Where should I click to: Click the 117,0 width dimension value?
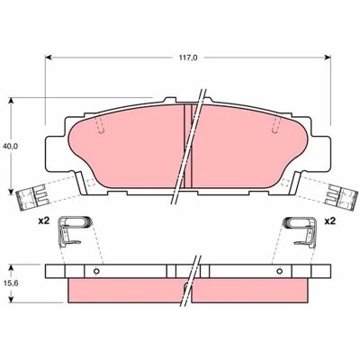tap(188, 58)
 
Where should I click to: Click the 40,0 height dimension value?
tap(10, 146)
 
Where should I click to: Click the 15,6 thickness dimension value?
tap(10, 283)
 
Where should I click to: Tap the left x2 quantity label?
tap(43, 221)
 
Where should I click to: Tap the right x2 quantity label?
tap(330, 221)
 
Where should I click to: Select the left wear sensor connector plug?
tap(31, 197)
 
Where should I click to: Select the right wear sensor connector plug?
tap(343, 197)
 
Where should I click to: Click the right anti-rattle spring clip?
tap(301, 231)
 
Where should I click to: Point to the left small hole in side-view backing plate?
tap(96, 271)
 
